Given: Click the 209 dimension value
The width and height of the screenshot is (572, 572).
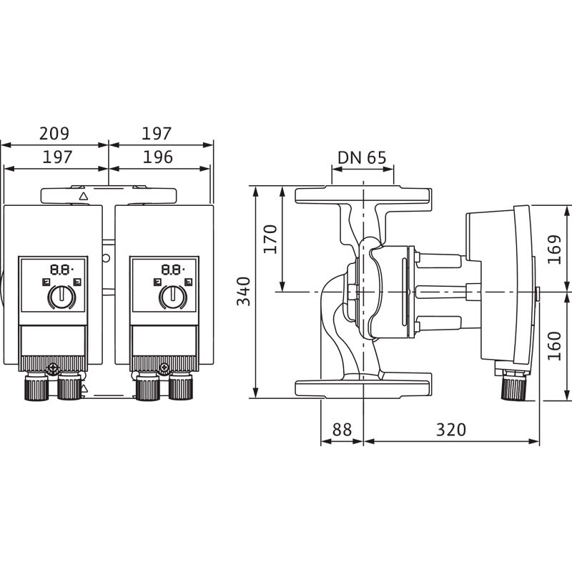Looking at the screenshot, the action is point(54,134).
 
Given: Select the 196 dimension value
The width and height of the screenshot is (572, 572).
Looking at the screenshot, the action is point(157,157).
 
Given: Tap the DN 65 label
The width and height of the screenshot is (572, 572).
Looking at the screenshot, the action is point(362,157).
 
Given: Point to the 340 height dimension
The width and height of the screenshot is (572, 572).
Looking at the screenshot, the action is point(244,291).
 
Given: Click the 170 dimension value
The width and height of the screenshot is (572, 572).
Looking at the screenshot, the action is point(270,240).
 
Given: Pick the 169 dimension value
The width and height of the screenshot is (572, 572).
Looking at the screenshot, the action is point(554,250).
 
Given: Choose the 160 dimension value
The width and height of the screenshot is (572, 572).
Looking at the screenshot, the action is point(554,346).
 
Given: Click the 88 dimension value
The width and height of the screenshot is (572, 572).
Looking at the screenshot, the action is point(342,430).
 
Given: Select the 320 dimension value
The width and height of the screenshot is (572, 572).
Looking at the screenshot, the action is point(451,430).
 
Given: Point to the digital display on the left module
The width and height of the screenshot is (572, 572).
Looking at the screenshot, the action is point(61,270).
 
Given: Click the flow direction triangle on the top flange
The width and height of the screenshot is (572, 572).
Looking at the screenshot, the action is point(84,196).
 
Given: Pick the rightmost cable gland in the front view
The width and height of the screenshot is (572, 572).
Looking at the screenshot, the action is point(181,387).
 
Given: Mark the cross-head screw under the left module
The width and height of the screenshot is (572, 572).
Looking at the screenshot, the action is point(53,368).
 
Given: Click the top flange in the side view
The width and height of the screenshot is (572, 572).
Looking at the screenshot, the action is point(363,195).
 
